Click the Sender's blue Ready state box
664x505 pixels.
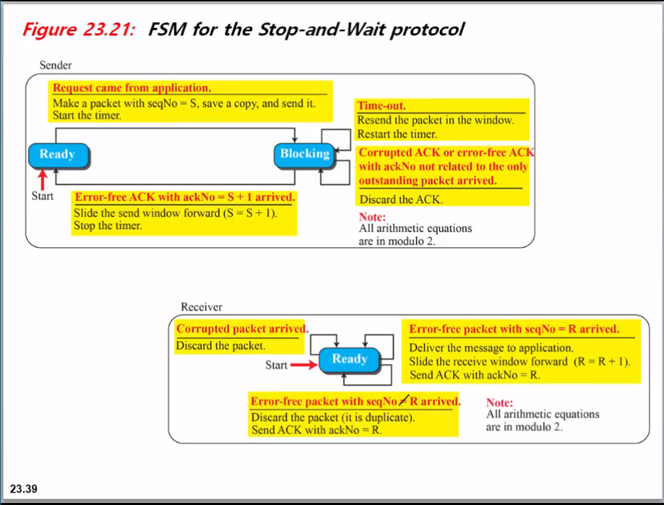58,155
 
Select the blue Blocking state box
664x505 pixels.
305,154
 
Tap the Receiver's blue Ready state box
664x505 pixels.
349,360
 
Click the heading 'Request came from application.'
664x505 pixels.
132,88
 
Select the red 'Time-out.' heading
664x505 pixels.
381,106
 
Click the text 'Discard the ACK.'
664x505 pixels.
400,199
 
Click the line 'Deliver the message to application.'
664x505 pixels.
491,347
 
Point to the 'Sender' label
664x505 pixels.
56,65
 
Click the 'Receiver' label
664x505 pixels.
201,306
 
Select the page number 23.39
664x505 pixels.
24,489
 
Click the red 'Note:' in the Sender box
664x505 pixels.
373,217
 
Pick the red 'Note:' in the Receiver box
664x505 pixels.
500,402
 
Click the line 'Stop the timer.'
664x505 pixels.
108,226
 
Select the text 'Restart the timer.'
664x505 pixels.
397,133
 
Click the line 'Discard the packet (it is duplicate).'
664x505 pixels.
332,417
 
